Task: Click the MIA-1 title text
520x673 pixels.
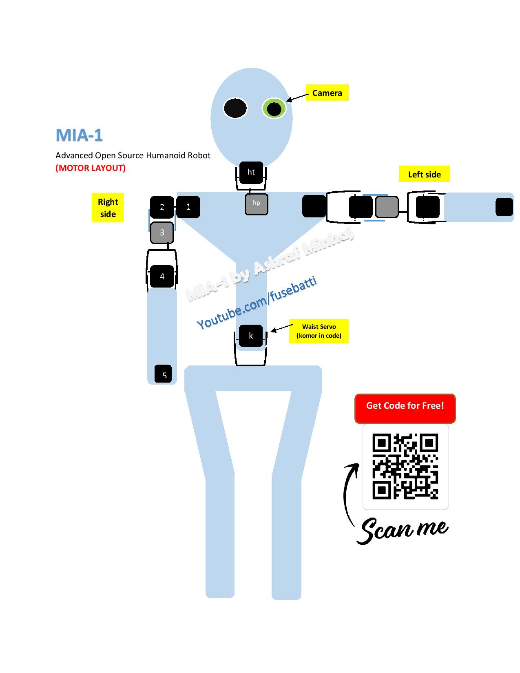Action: tap(79, 135)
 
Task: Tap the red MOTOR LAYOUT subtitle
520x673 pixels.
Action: tap(91, 168)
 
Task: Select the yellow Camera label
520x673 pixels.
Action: tap(327, 93)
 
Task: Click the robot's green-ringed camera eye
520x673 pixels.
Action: tap(274, 108)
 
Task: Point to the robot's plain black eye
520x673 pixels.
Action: tap(235, 108)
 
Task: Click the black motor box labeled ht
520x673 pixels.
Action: tap(251, 172)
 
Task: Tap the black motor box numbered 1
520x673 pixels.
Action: tap(188, 207)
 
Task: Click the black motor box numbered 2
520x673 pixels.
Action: tap(162, 207)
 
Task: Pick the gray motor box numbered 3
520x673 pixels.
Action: tap(162, 232)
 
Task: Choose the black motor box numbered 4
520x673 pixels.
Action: tap(162, 276)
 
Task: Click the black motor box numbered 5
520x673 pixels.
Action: tap(163, 374)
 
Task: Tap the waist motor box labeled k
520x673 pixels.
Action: tap(251, 336)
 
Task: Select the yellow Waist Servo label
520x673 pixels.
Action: tap(319, 331)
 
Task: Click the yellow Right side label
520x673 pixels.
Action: tap(108, 208)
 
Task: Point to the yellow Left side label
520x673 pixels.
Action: tap(424, 174)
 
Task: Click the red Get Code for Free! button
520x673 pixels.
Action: tap(405, 408)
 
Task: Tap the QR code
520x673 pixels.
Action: tap(405, 467)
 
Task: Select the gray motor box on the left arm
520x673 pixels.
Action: tap(387, 207)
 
